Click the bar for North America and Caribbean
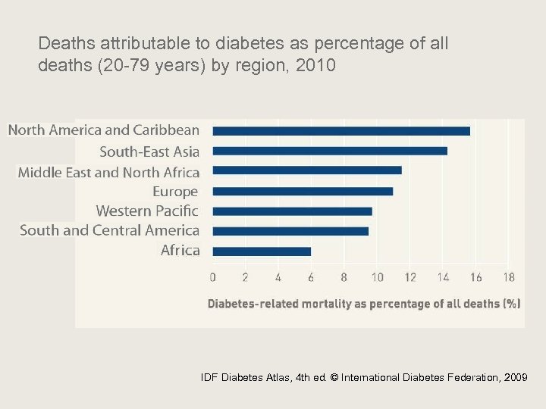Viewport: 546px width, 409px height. tap(341, 131)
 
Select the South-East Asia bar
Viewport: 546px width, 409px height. tap(330, 151)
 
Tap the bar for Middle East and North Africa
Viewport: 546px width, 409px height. tap(307, 170)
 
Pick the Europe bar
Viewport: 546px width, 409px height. tap(303, 191)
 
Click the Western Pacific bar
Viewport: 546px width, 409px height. tap(292, 211)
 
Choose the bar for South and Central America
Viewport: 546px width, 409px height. tap(290, 231)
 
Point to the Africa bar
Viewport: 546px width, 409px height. tap(262, 251)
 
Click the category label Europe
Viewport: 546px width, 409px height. tap(175, 192)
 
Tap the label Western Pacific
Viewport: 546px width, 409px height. tap(147, 211)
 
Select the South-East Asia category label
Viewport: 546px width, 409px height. tap(149, 151)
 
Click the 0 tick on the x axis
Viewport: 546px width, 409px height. tap(212, 277)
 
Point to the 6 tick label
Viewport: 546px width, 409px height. tap(311, 277)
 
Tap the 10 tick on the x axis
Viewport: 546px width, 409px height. tap(377, 277)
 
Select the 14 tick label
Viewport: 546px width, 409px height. tap(443, 277)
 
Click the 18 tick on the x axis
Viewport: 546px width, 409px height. tap(509, 277)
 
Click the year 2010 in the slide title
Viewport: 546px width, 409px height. tap(318, 66)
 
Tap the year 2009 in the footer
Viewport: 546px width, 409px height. tap(516, 377)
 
